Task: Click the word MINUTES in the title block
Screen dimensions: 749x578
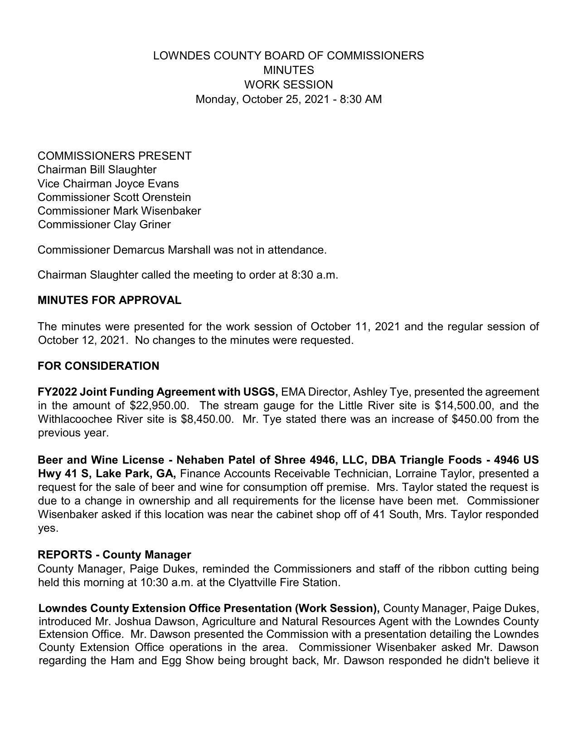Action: [288, 70]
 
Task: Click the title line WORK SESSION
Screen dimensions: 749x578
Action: [288, 85]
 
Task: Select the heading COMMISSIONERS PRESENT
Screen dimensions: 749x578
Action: [114, 156]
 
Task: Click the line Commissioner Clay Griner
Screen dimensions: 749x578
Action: [104, 225]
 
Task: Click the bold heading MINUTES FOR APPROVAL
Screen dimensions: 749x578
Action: [109, 300]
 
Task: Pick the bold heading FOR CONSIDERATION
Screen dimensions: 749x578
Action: [98, 366]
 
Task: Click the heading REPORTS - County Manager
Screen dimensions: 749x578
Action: [114, 555]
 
